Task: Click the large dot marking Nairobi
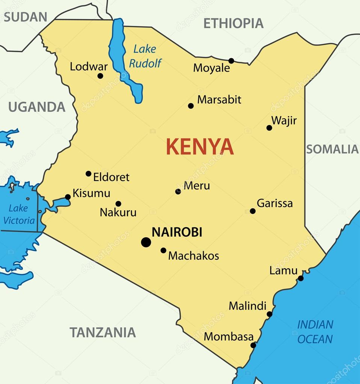tap(146, 242)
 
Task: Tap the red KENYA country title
tap(200, 147)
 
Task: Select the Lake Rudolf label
tap(145, 56)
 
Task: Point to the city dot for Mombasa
tap(253, 345)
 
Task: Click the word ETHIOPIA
tap(233, 23)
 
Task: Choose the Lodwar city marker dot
tap(100, 76)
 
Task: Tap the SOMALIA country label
tap(332, 149)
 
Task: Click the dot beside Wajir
tap(269, 128)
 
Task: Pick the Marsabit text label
tap(219, 99)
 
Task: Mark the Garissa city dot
tap(253, 211)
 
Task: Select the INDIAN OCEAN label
tap(315, 331)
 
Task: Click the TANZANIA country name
tap(103, 332)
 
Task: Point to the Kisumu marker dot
tap(68, 197)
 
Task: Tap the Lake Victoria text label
tap(19, 214)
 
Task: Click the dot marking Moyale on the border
tap(231, 61)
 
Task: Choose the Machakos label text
tap(194, 256)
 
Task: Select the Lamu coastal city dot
tap(301, 278)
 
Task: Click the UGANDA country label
tap(37, 107)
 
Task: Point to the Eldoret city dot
tap(88, 173)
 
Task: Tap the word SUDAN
tap(26, 17)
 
